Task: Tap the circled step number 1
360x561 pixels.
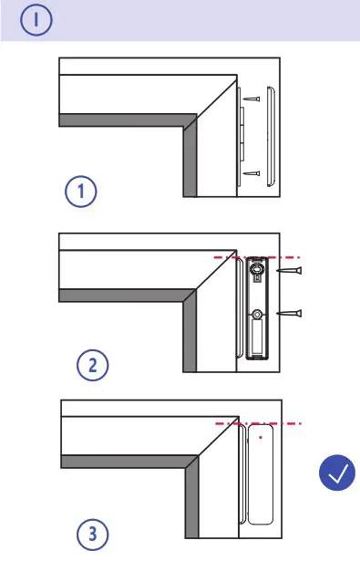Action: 81,193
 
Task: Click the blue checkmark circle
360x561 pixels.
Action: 338,474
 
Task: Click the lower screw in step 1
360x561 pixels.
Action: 252,172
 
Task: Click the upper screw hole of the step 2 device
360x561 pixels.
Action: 259,270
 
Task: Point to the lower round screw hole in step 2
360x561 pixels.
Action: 259,315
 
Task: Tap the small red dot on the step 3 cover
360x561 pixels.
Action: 262,437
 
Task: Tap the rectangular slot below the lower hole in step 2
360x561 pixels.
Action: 259,341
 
